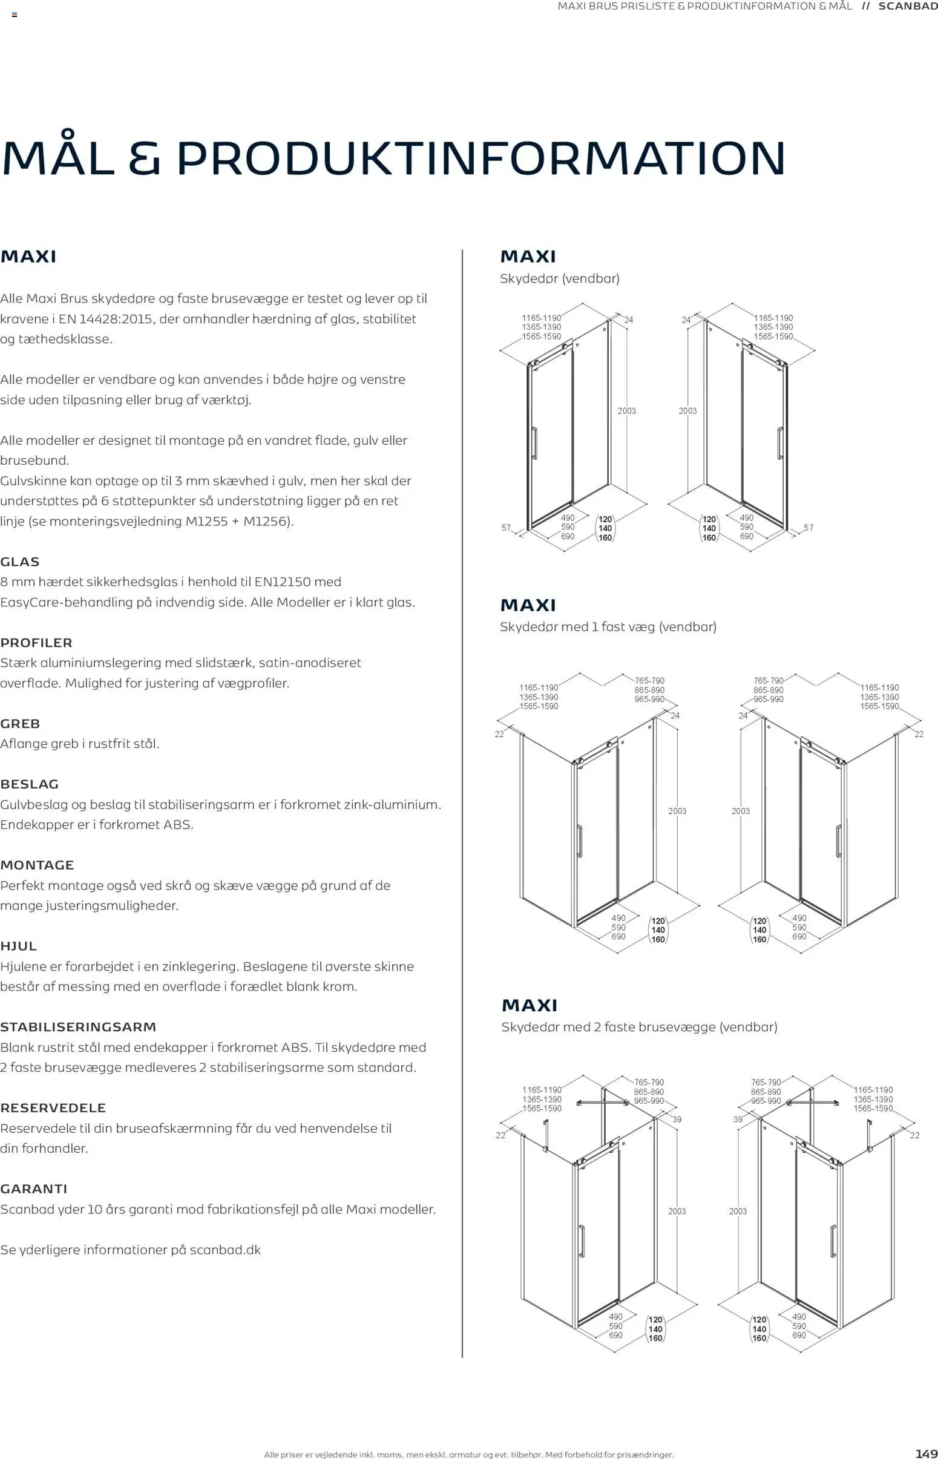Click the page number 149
926,1454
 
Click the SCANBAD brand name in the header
907,6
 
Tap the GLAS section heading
20,562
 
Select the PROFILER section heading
36,643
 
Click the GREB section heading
20,723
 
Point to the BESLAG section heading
29,784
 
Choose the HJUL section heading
18,946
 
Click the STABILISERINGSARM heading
78,1027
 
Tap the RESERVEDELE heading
53,1107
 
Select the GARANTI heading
33,1189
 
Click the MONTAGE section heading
37,865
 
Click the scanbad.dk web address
225,1250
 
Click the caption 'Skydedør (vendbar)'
559,278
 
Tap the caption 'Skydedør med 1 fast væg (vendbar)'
608,626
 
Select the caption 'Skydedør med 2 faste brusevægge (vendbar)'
639,1027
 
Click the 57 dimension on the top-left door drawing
506,527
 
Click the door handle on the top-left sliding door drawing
534,443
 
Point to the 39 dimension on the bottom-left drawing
677,1120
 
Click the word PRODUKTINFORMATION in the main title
481,159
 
